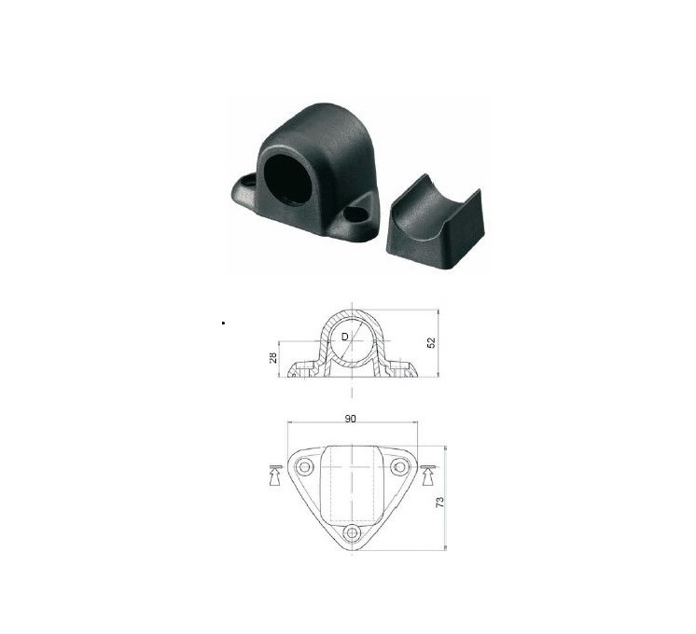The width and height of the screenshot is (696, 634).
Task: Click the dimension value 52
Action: [x=431, y=342]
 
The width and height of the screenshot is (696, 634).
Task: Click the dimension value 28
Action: [x=273, y=358]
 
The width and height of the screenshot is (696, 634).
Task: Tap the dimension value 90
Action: [x=351, y=419]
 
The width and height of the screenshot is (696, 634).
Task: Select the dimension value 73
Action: [x=440, y=502]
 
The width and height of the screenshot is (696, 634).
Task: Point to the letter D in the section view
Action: [x=345, y=338]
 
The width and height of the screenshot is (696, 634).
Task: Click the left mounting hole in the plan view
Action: [x=304, y=467]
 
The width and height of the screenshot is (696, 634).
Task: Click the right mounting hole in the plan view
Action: [x=399, y=467]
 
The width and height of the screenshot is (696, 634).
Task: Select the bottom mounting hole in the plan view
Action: [x=353, y=532]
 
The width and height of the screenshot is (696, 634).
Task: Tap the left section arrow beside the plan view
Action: [x=275, y=475]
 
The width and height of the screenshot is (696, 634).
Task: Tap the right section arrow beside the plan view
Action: [x=428, y=475]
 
